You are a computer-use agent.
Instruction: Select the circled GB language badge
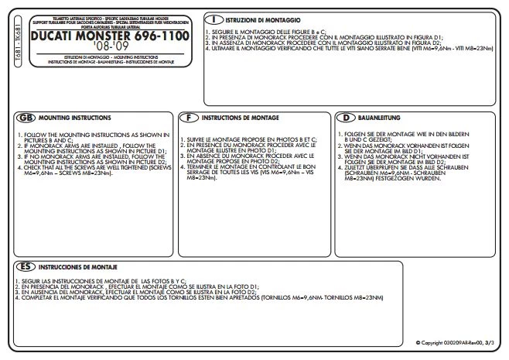[x=25, y=117]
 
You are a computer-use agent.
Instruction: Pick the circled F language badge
[x=189, y=117]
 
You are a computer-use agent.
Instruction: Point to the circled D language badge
[x=347, y=117]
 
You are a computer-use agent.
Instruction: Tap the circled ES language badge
[x=26, y=265]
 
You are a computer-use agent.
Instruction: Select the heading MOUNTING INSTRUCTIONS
[x=76, y=117]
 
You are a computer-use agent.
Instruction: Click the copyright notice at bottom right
[x=457, y=342]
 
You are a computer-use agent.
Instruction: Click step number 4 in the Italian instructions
[x=208, y=48]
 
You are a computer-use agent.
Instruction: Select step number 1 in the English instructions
[x=18, y=135]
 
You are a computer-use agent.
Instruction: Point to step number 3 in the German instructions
[x=340, y=156]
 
